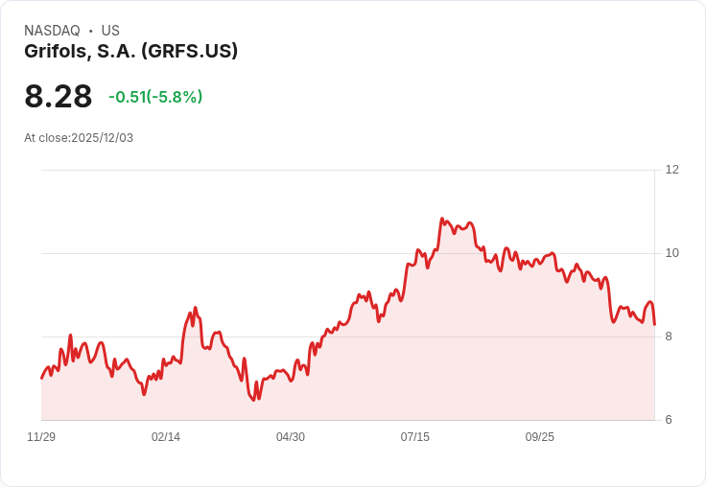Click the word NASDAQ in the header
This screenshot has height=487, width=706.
click(x=52, y=31)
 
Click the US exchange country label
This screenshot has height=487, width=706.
click(x=110, y=31)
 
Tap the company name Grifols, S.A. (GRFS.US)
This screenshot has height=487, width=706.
click(x=130, y=52)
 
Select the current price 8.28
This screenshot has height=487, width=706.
click(x=59, y=97)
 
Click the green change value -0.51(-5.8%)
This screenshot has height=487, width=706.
click(x=155, y=97)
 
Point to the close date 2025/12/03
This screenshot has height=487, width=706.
click(x=102, y=138)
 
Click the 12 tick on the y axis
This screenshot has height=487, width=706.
click(x=672, y=170)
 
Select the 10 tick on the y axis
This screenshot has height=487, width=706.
click(x=672, y=253)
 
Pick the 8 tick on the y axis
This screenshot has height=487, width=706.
click(x=669, y=336)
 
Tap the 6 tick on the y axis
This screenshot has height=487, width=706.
click(x=669, y=420)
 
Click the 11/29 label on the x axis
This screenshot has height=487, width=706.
click(x=41, y=437)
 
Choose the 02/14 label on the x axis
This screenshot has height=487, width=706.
click(x=166, y=437)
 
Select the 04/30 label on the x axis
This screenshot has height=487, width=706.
click(x=291, y=437)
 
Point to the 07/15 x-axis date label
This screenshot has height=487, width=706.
click(x=415, y=437)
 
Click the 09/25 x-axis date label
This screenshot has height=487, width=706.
click(x=540, y=437)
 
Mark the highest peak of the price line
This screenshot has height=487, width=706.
click(x=442, y=219)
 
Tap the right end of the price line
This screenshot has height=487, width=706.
click(x=654, y=324)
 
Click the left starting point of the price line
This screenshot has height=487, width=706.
click(x=41, y=378)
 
